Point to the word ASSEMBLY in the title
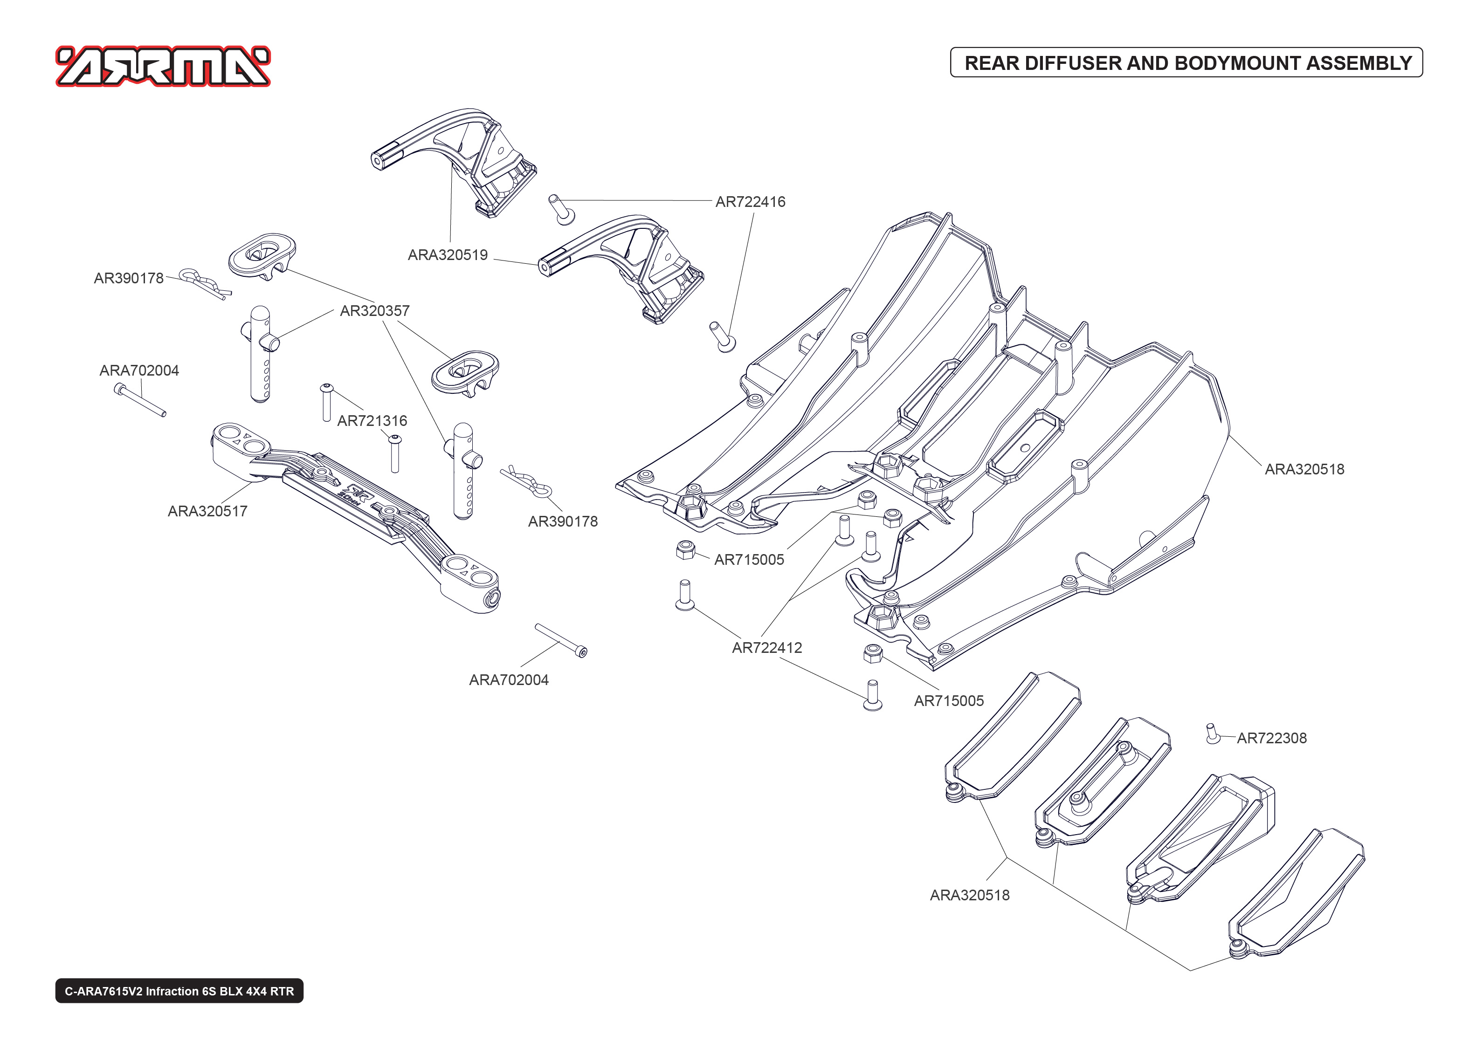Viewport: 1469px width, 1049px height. [x=1359, y=63]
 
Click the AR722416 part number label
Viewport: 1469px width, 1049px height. [x=750, y=201]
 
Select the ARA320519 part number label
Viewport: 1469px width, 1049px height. [x=447, y=255]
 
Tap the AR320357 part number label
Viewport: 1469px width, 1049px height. [x=375, y=311]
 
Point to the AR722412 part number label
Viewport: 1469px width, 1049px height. [x=767, y=648]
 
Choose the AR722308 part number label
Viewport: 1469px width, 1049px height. [x=1271, y=738]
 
